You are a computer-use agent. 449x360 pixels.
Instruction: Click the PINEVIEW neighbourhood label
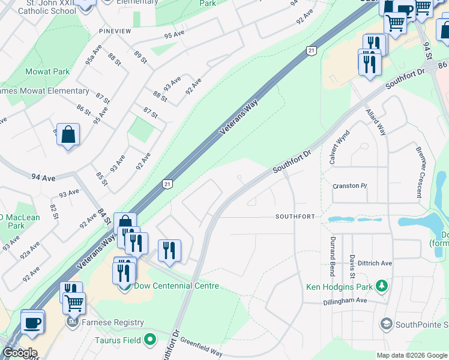tap(116, 30)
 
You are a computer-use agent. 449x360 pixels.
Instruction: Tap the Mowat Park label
tap(47, 71)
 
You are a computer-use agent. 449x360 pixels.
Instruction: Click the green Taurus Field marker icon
tap(150, 340)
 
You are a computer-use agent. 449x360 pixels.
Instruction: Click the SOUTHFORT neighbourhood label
tap(295, 216)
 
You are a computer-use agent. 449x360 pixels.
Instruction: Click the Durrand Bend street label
tap(332, 256)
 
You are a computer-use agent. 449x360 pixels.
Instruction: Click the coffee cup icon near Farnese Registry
tap(32, 322)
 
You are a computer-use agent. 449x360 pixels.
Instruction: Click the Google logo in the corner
tap(19, 353)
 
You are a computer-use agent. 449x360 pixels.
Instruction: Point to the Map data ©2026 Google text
tap(411, 355)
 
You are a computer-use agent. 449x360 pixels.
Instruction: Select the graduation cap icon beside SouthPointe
tap(387, 325)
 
